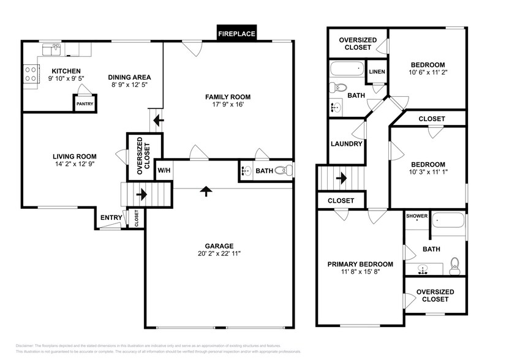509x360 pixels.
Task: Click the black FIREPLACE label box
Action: [x=236, y=34]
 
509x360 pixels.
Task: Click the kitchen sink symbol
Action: [x=49, y=47]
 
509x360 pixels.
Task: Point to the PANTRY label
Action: [x=84, y=104]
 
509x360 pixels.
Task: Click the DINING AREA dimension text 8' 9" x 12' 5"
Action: [x=129, y=84]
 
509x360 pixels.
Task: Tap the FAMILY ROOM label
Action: [x=228, y=97]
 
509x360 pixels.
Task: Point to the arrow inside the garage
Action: [x=206, y=192]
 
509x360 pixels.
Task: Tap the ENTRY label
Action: [x=111, y=217]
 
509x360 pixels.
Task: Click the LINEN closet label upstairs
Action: [x=377, y=72]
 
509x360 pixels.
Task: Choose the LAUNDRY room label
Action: [x=347, y=144]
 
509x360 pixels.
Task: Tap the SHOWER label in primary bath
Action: [x=417, y=216]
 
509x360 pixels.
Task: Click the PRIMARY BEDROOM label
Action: [x=360, y=264]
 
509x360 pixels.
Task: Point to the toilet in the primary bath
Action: [x=454, y=264]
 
